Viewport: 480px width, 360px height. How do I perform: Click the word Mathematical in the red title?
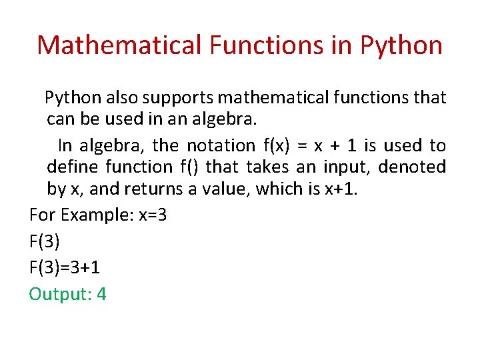[119, 45]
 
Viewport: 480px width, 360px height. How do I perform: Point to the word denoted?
[415, 167]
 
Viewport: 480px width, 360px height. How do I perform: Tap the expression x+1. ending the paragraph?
[341, 189]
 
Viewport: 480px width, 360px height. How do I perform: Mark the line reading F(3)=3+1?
[65, 268]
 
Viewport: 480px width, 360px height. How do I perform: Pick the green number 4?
[101, 294]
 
